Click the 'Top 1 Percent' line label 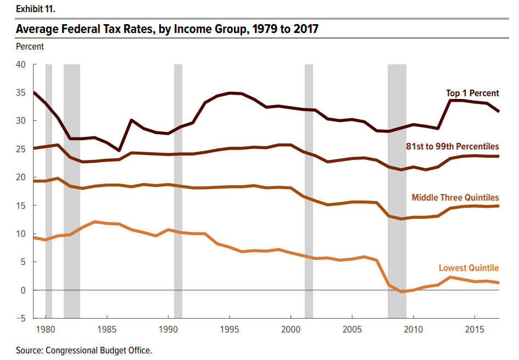tap(472, 93)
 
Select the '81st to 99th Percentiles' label tap(453, 146)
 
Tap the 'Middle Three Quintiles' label tap(455, 197)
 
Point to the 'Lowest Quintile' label tap(468, 268)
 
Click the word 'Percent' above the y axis tap(30, 47)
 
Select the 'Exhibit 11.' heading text tap(36, 9)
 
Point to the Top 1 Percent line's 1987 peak tap(131, 120)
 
